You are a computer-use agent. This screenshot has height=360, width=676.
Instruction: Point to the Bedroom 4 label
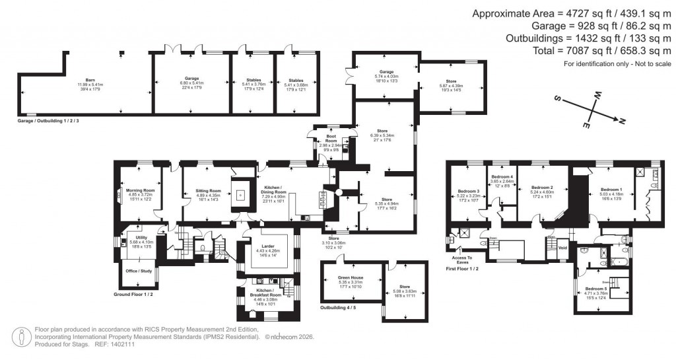[x=503, y=177]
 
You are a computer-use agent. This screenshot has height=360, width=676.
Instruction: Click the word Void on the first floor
[x=562, y=248]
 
